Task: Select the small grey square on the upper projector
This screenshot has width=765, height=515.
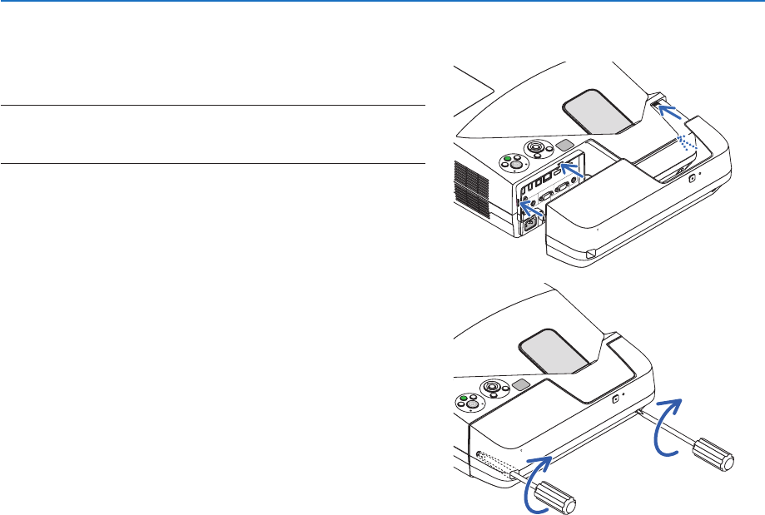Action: [x=567, y=145]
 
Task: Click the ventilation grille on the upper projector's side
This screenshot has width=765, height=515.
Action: [x=471, y=180]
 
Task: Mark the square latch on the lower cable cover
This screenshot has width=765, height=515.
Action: [x=614, y=399]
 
